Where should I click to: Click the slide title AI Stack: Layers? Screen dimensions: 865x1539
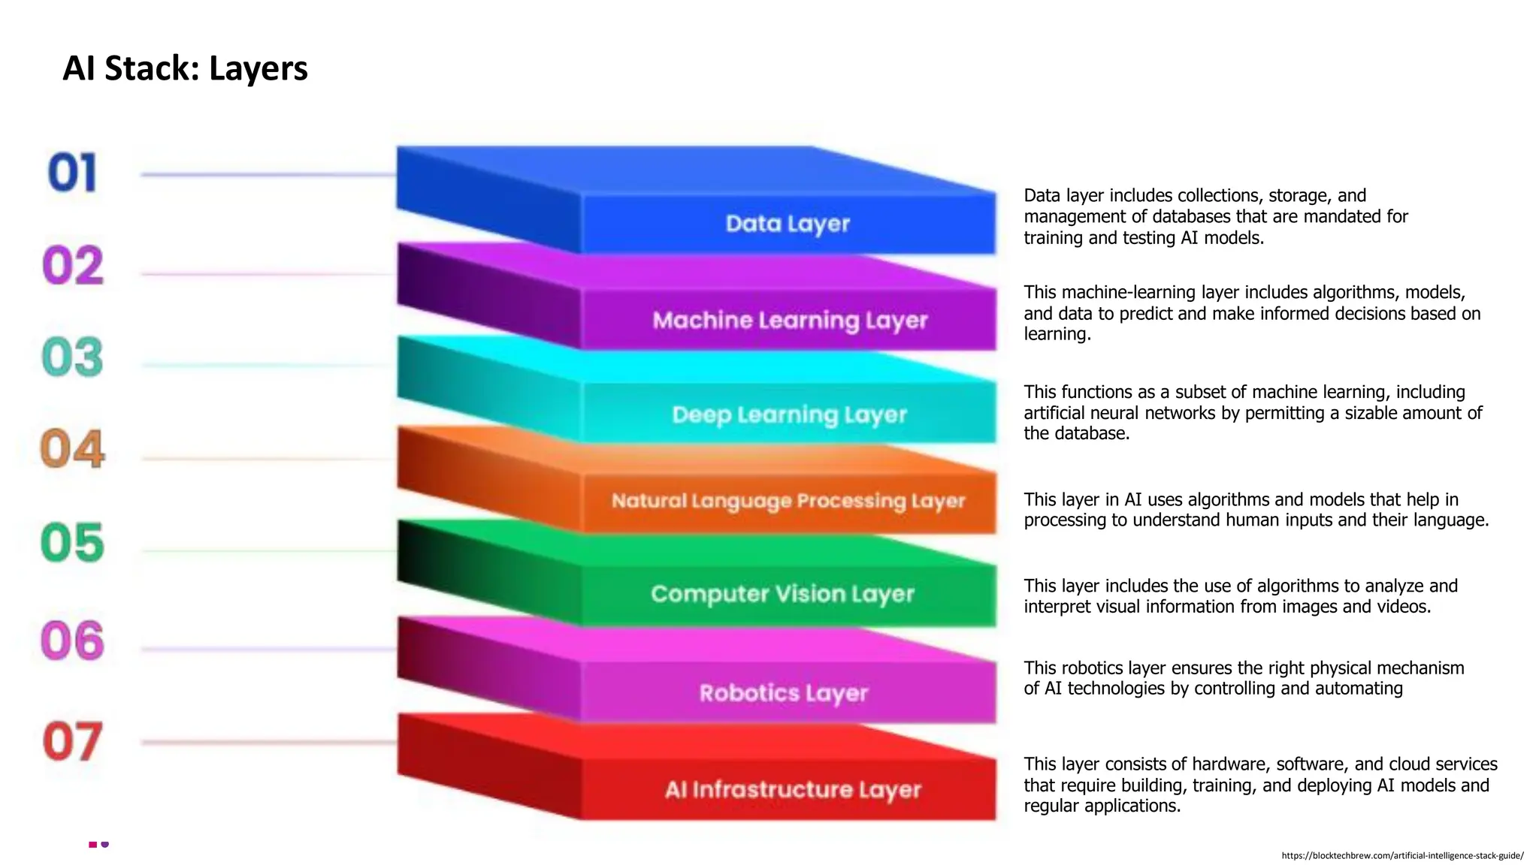(185, 68)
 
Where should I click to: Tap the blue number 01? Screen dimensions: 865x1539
(72, 173)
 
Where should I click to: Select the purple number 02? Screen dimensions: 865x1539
(73, 266)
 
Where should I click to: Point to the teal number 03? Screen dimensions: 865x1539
(72, 357)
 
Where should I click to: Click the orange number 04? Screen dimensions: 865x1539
(72, 449)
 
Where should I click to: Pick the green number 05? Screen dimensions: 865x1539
(72, 543)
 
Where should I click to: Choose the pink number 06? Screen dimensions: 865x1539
(72, 640)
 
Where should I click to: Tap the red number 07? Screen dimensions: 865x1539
(72, 742)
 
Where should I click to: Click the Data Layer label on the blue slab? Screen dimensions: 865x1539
(788, 224)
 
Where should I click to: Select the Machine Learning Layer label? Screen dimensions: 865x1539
(790, 321)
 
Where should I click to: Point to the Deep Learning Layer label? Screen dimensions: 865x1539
(789, 414)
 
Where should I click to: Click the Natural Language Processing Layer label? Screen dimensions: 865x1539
(788, 501)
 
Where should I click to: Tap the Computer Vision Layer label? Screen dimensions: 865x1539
(782, 594)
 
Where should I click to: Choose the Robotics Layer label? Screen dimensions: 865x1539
(784, 692)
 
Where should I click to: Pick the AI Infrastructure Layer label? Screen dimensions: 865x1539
(793, 790)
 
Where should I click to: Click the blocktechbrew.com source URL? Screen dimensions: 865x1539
(1402, 855)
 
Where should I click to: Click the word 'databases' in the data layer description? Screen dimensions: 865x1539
(1192, 217)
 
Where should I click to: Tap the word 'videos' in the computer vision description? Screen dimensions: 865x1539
(1402, 607)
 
